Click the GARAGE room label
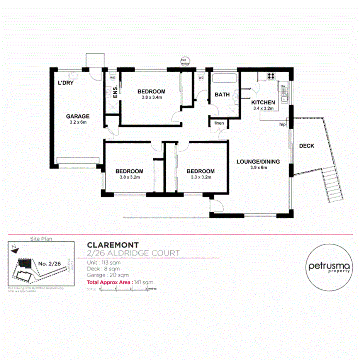point(78,116)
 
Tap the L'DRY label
point(66,83)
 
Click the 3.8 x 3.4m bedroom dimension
point(151,97)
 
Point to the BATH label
point(222,95)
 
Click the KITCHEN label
point(263,102)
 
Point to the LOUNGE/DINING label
point(258,162)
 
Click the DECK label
point(306,146)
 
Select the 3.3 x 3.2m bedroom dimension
point(200,177)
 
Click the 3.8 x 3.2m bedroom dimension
point(129,177)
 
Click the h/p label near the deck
point(282,124)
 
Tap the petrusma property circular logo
point(329,267)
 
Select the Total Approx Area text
point(109,282)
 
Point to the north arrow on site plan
point(15,249)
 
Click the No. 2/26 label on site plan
point(49,264)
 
